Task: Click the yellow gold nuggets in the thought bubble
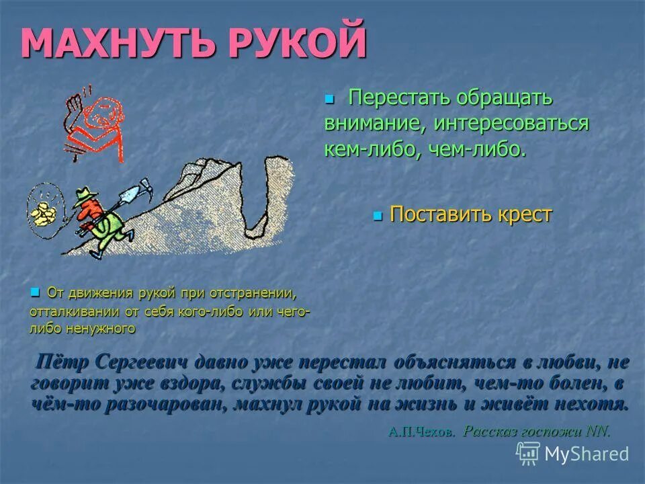[x=44, y=214]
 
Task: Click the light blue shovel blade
[x=128, y=196]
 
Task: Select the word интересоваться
[x=511, y=124]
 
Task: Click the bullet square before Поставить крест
[x=377, y=216]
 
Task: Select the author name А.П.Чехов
[x=421, y=432]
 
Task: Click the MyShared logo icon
[x=528, y=452]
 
